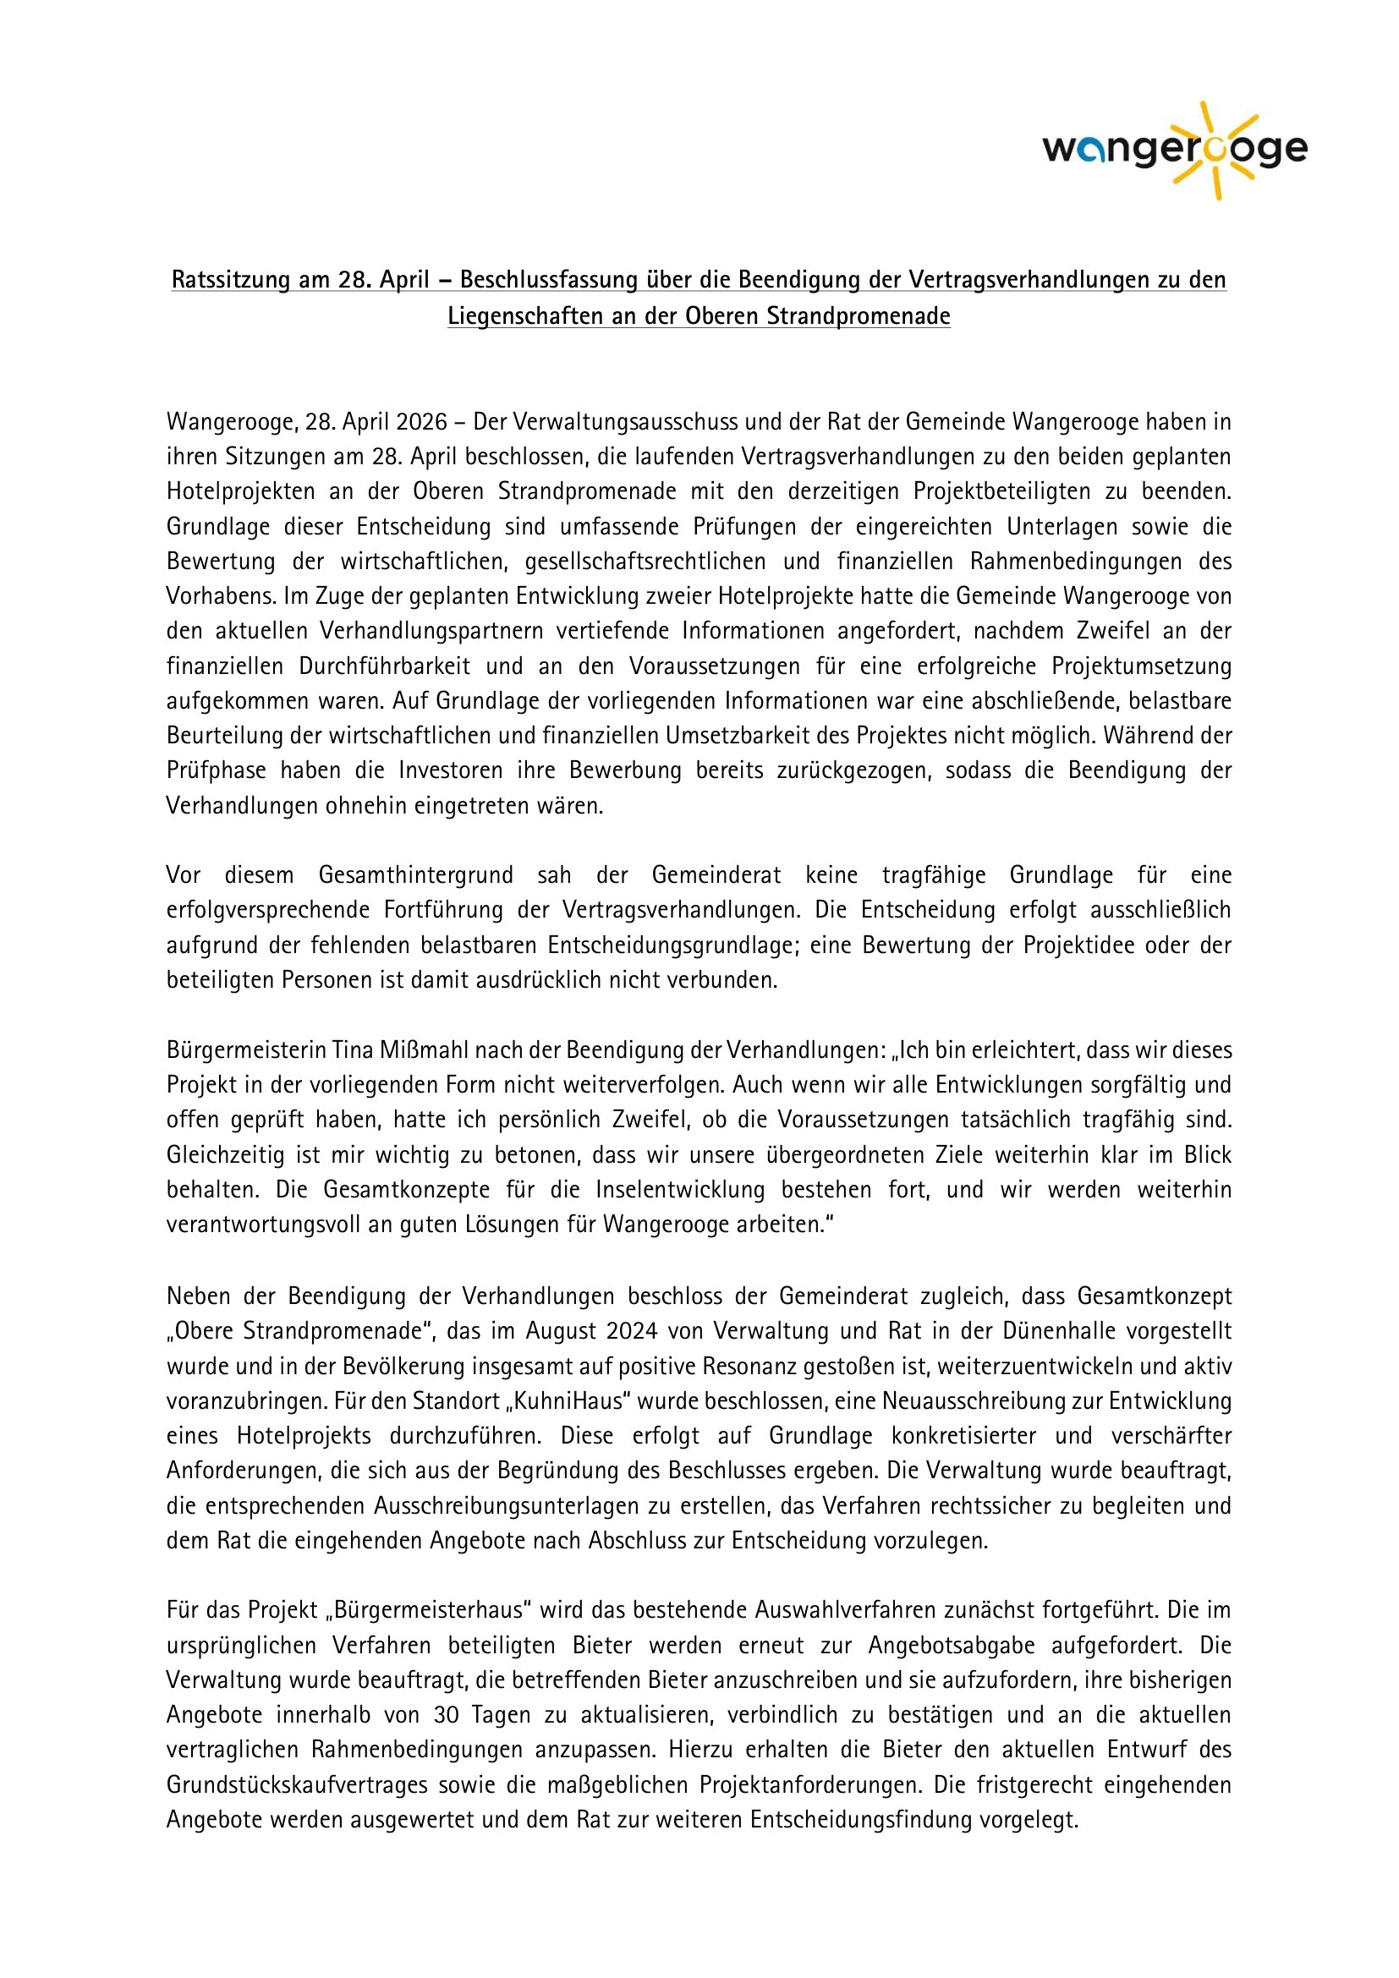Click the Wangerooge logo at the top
click(x=1174, y=151)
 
